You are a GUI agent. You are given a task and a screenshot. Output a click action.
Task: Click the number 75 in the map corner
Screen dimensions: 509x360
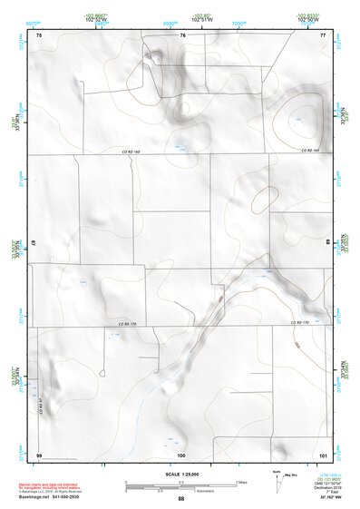39,34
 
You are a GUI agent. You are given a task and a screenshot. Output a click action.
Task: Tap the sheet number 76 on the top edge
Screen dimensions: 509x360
182,34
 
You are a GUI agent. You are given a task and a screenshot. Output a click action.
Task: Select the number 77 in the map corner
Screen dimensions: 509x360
322,34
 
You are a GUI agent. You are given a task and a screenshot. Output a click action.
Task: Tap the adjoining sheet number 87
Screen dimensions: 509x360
34,243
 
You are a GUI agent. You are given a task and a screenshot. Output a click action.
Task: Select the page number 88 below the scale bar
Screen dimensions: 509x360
181,499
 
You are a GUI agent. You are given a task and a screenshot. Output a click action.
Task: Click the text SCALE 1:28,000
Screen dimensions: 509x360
180,473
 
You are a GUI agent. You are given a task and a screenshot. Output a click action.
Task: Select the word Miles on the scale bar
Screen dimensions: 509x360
241,481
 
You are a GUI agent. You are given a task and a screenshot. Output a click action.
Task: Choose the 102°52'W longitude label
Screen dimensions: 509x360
99,19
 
